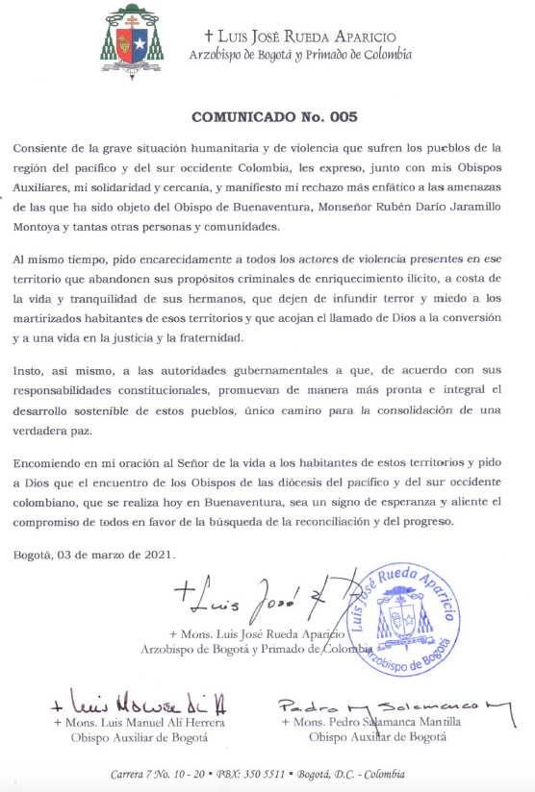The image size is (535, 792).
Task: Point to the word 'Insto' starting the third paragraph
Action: click(x=29, y=371)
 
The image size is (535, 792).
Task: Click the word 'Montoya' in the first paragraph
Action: click(x=39, y=227)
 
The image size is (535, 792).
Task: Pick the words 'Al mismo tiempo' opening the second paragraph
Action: click(x=62, y=260)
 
